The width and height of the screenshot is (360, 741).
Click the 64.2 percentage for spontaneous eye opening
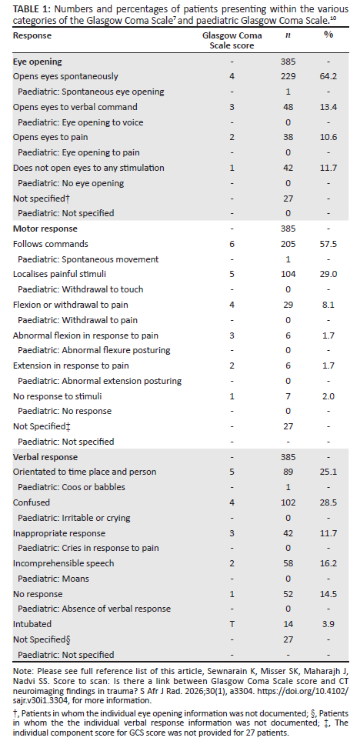click(x=328, y=76)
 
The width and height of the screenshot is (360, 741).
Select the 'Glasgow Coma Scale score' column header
click(x=232, y=41)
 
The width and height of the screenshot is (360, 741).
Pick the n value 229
click(x=288, y=76)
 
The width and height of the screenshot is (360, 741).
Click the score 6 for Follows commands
click(x=232, y=245)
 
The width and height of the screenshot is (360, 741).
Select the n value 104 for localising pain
click(x=288, y=274)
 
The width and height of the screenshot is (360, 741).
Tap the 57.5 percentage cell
click(x=328, y=245)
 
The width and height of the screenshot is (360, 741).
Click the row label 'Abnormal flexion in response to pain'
click(x=85, y=335)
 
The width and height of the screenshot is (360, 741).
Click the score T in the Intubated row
click(x=232, y=624)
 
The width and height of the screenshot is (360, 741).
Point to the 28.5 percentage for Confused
click(x=328, y=502)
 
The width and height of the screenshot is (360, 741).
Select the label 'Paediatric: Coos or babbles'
click(x=72, y=487)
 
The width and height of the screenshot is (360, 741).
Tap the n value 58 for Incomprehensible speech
click(x=288, y=563)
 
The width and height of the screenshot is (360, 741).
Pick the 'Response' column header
click(x=32, y=36)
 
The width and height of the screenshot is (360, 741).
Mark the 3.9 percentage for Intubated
click(x=328, y=624)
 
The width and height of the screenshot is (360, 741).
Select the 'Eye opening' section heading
click(x=38, y=62)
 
